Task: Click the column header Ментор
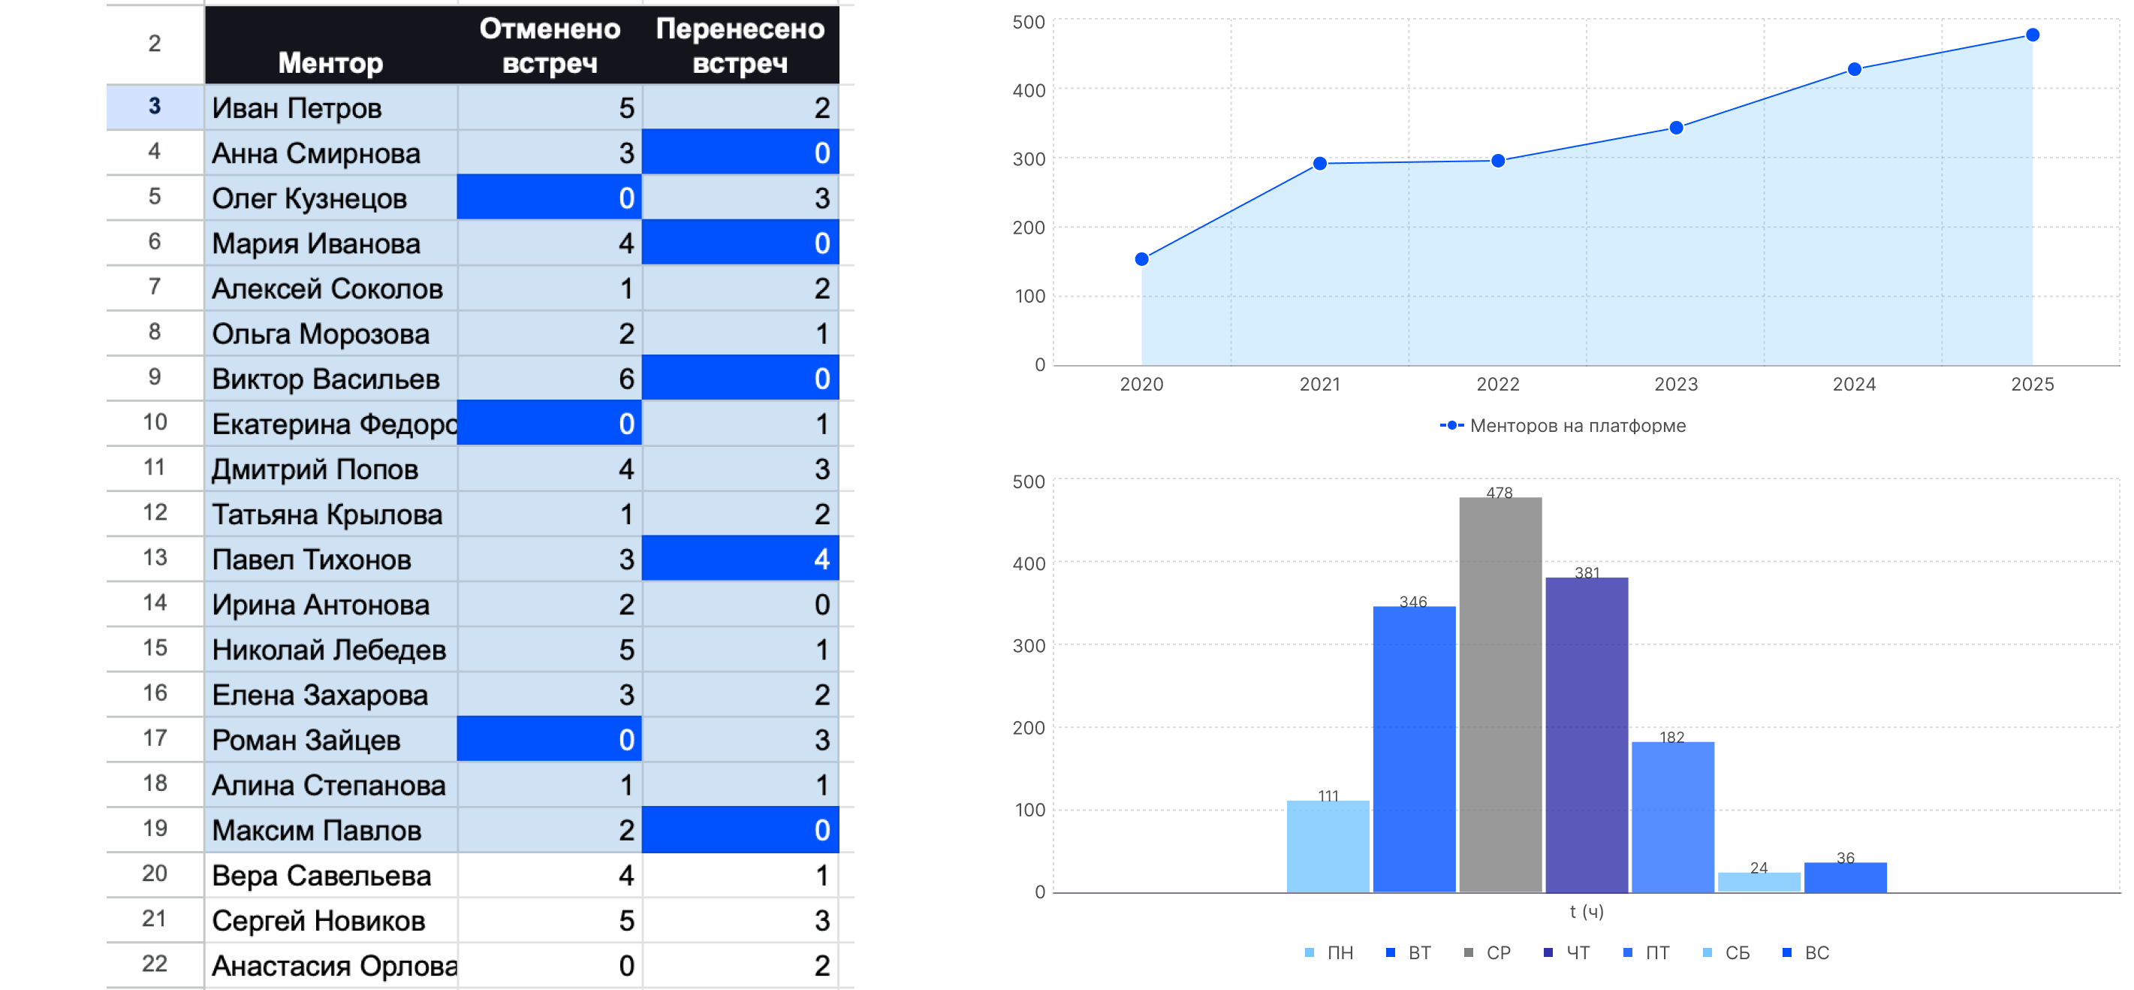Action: [330, 62]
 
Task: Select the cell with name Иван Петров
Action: [297, 107]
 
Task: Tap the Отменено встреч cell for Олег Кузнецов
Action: [548, 198]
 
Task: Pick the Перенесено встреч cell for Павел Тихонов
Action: [740, 559]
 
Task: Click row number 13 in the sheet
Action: [155, 557]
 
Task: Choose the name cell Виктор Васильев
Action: [326, 379]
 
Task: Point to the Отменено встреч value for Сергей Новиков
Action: [548, 920]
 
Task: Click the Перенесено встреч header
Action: [740, 46]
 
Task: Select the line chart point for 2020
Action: [1141, 259]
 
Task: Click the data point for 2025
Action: [2032, 35]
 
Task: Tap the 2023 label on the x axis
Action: [1676, 385]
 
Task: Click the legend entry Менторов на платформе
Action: [1577, 426]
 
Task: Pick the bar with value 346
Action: [1414, 749]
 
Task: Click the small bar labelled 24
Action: [1759, 882]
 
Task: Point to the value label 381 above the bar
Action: [1587, 572]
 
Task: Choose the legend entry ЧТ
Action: [1577, 952]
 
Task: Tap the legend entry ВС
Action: [1816, 952]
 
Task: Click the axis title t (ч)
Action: [1587, 911]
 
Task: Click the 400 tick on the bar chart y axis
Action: [1029, 563]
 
